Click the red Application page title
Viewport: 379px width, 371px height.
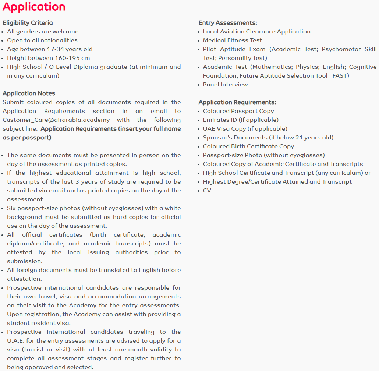(34, 7)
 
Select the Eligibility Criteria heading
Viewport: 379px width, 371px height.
(28, 23)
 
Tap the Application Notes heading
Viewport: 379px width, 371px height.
(29, 93)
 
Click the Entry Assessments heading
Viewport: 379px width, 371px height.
(228, 23)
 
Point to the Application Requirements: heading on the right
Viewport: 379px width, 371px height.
(237, 102)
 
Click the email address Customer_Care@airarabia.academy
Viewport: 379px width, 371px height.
(56, 120)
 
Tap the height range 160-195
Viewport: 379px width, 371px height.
(67, 58)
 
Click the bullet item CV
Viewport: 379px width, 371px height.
(207, 191)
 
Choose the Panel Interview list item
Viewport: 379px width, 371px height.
(225, 85)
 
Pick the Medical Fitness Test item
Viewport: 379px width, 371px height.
(233, 40)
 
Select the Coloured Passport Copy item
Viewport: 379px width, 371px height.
(238, 111)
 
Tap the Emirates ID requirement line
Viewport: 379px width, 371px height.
(241, 120)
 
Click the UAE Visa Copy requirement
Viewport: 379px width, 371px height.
(245, 129)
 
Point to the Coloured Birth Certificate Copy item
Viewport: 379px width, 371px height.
(248, 146)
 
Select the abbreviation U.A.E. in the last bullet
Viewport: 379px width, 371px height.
(16, 341)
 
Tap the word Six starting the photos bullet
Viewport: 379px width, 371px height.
(12, 208)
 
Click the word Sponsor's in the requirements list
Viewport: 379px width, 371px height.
(217, 138)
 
